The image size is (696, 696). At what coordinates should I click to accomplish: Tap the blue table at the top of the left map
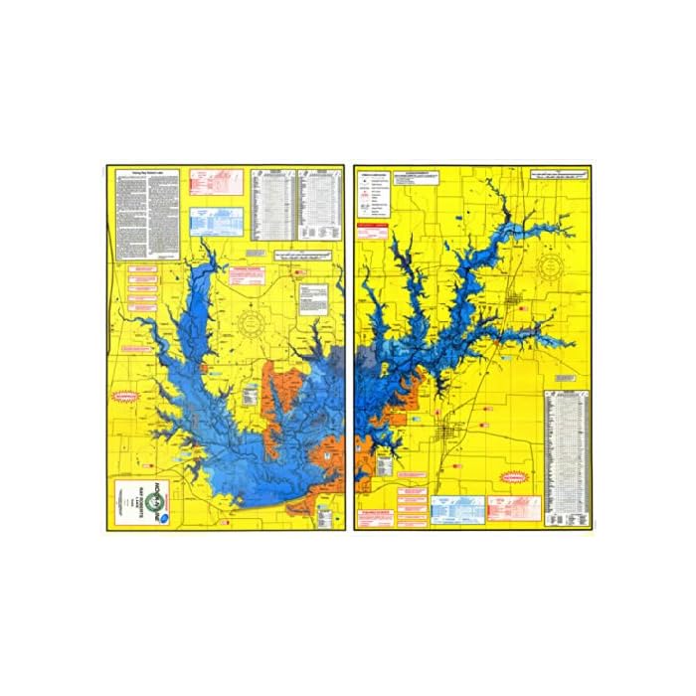[216, 221]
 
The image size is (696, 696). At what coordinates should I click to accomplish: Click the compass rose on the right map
[554, 266]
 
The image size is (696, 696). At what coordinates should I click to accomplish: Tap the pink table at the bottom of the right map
[513, 510]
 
